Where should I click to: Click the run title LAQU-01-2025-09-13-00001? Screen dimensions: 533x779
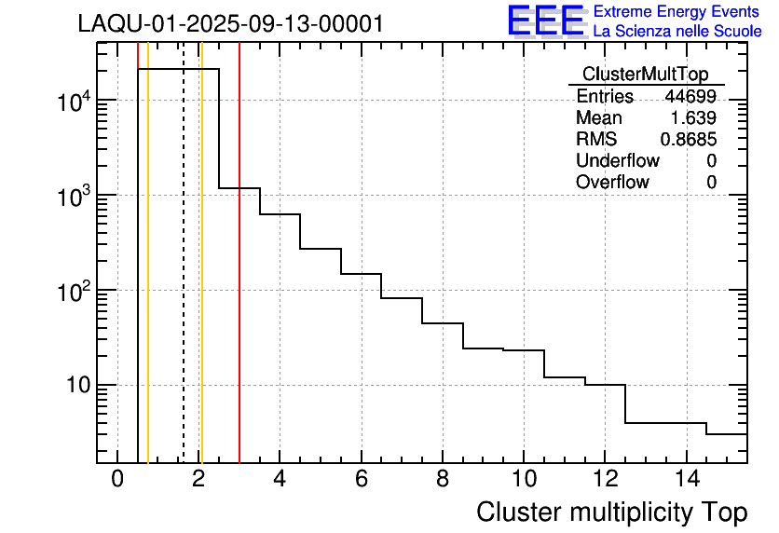230,24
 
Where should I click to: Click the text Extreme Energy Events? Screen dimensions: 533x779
677,12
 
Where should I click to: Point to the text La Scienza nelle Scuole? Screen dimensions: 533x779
677,32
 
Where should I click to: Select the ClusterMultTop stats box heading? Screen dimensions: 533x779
645,75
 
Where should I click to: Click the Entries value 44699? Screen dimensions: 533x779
690,97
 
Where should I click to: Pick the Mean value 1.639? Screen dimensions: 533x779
693,118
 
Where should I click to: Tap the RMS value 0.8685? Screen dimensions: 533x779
688,140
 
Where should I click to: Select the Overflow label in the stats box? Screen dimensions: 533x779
612,183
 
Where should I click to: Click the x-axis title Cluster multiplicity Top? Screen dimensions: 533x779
611,512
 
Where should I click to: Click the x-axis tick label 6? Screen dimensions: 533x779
362,480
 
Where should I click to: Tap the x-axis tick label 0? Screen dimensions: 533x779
117,480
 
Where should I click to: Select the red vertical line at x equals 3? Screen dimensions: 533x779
239,280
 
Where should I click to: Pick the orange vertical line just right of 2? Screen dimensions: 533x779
201,280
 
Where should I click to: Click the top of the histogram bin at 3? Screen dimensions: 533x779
239,188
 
